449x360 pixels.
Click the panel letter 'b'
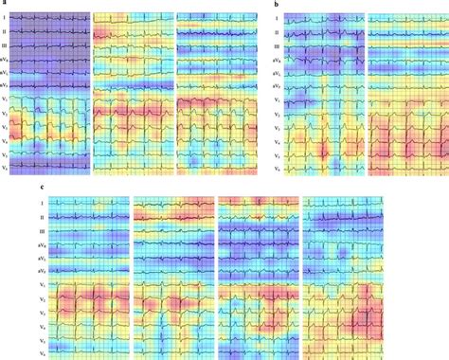coord(276,6)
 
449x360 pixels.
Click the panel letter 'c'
coord(41,189)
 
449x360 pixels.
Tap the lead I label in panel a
coord(5,17)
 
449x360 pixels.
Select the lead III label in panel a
coord(5,43)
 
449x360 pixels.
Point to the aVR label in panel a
coord(5,57)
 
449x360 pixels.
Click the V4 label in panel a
coord(5,138)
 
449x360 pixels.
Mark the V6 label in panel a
coord(5,166)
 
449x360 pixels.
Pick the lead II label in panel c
coord(42,217)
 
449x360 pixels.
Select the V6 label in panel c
coord(42,351)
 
